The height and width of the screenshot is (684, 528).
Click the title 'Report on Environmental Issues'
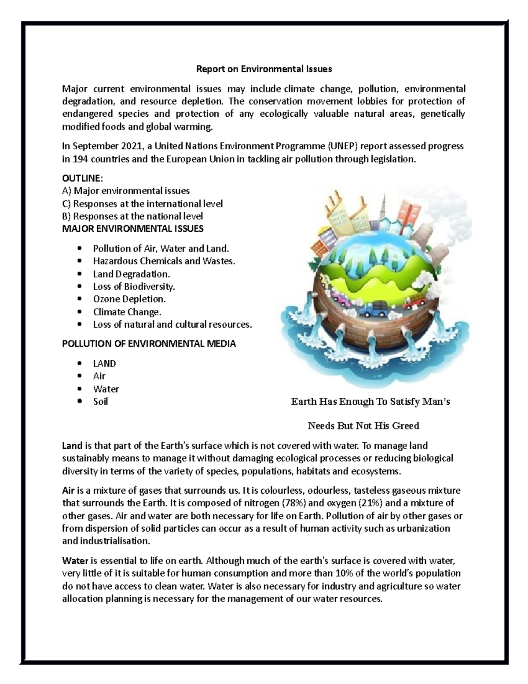[x=264, y=69]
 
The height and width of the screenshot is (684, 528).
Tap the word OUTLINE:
[x=82, y=178]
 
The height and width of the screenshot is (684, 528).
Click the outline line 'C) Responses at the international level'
[x=143, y=203]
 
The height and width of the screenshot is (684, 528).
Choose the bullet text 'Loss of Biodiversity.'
[x=134, y=286]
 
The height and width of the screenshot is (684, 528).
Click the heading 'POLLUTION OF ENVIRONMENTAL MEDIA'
[x=149, y=344]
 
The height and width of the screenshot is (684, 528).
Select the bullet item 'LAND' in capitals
[x=104, y=363]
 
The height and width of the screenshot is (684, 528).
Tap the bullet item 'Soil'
[x=100, y=401]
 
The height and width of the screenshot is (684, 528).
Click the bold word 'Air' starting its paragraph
[x=69, y=491]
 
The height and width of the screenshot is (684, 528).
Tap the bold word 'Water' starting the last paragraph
[x=75, y=561]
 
